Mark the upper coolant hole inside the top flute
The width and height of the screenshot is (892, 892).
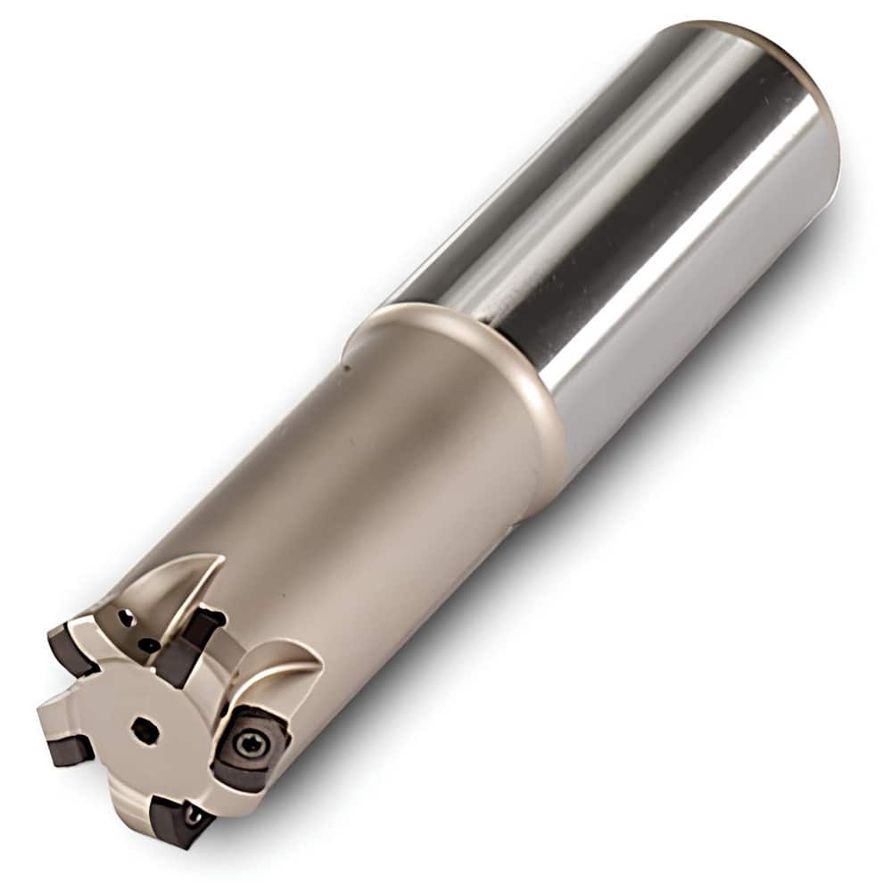click(126, 616)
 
